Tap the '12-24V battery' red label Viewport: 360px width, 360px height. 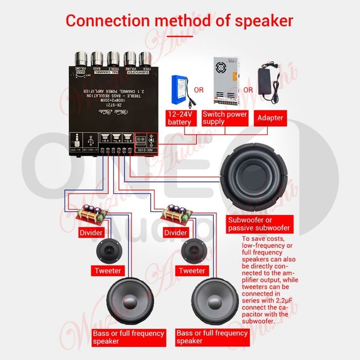click(x=180, y=118)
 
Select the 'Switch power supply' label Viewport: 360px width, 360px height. click(x=225, y=118)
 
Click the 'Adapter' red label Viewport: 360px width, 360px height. click(x=270, y=118)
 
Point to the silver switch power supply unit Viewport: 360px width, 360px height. click(x=225, y=77)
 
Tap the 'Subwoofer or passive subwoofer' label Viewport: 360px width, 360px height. click(x=258, y=224)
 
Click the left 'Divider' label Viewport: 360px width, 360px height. click(x=91, y=233)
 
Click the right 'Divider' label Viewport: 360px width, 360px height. click(x=176, y=233)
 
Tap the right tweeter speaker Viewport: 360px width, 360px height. click(x=192, y=251)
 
